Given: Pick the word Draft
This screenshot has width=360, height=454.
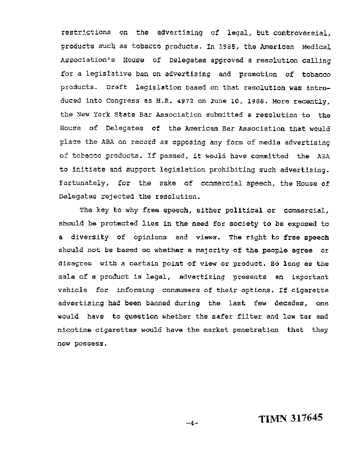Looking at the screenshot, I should (x=116, y=87).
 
